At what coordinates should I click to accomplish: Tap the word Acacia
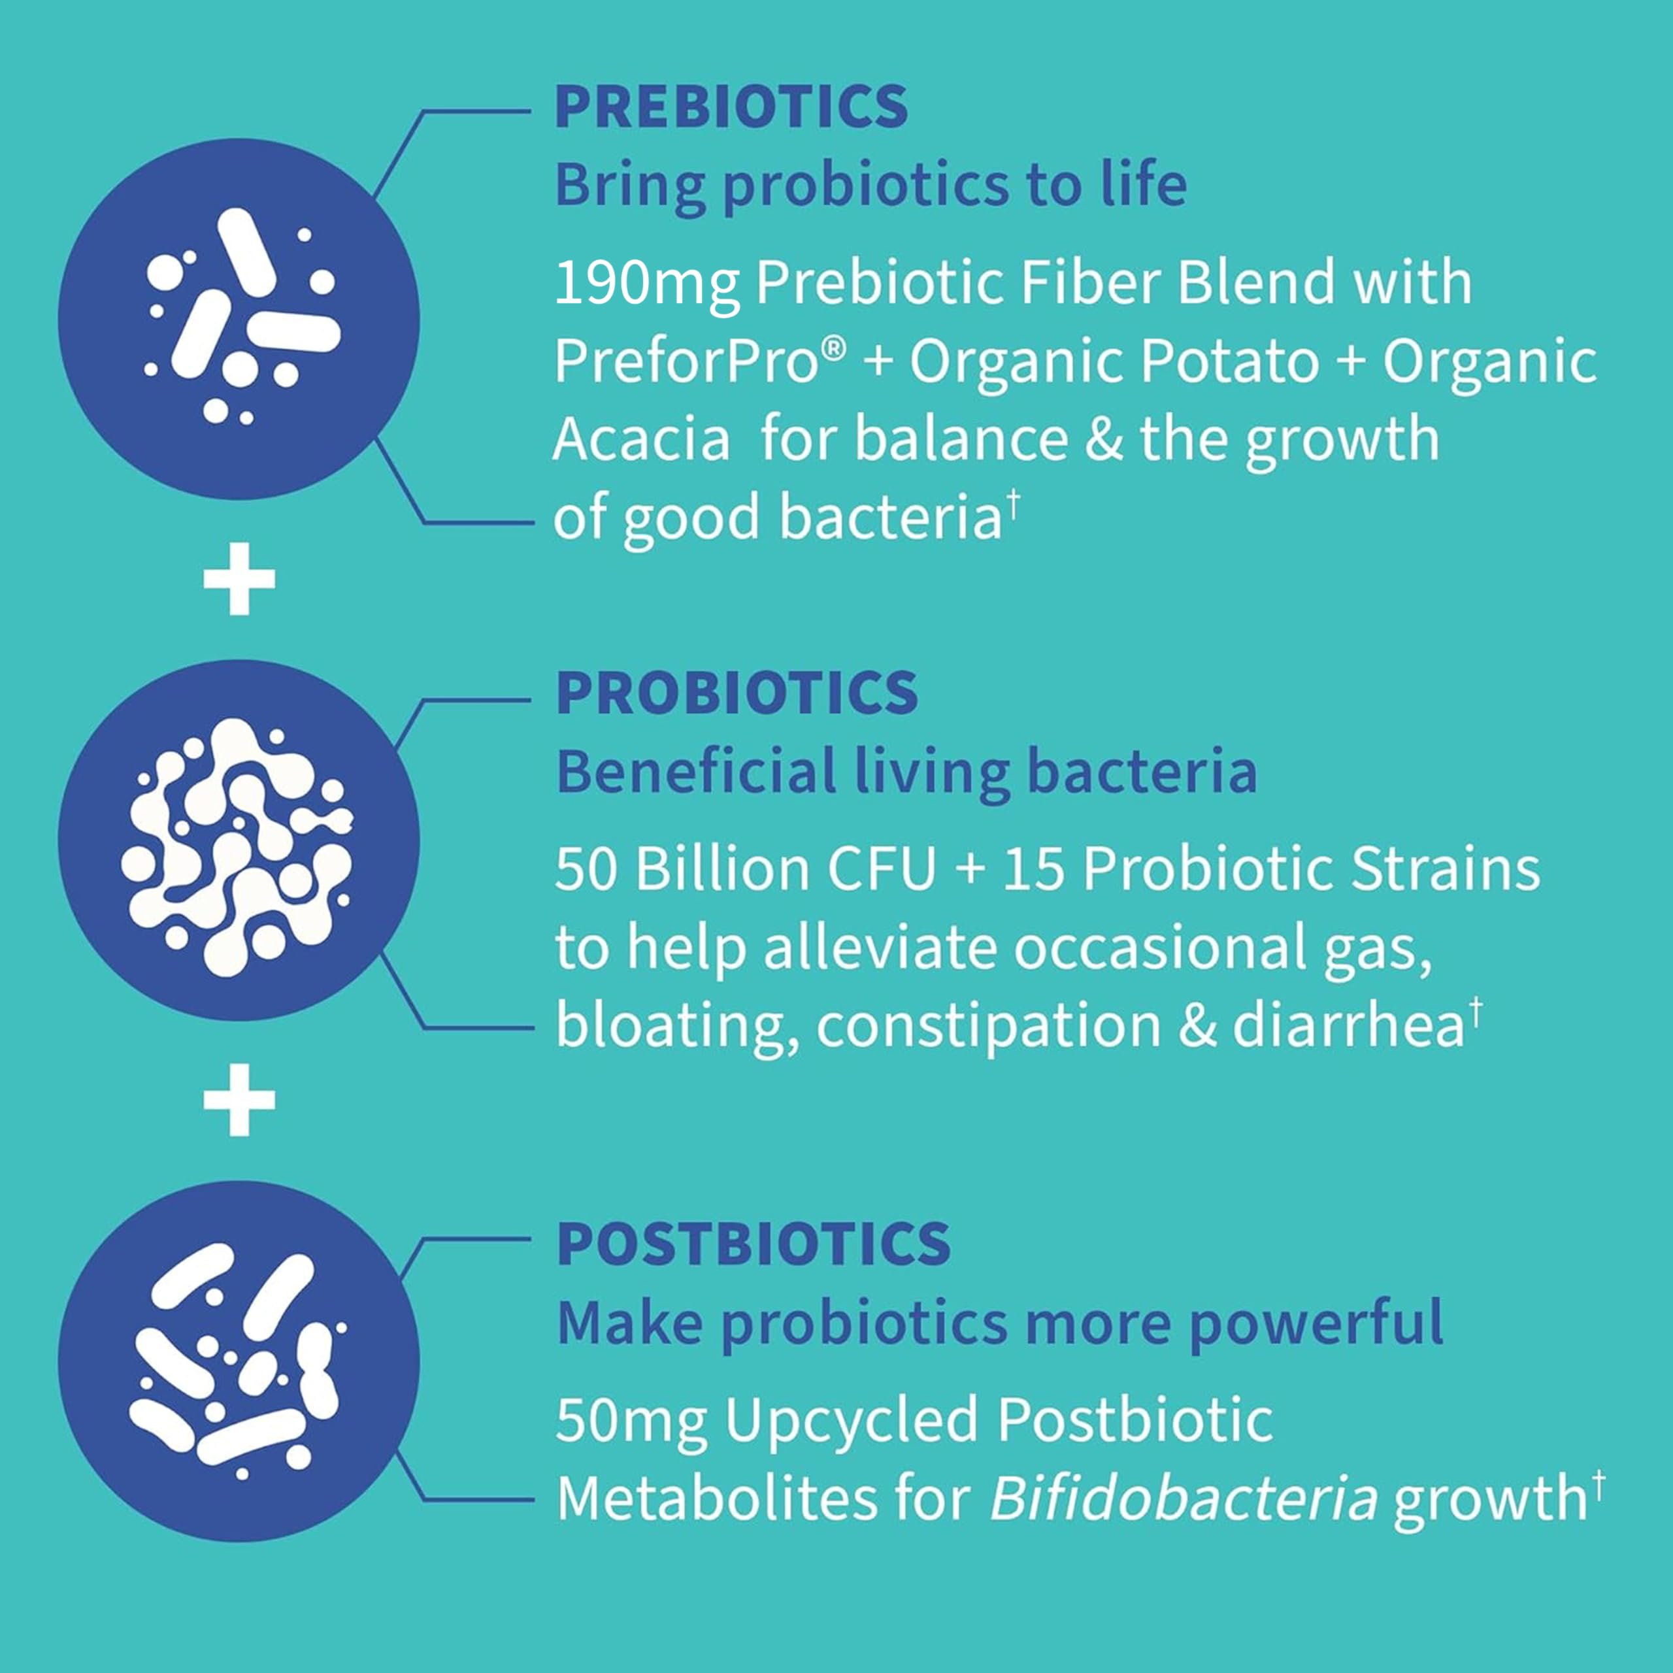(641, 439)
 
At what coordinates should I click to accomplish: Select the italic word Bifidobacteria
(1182, 1499)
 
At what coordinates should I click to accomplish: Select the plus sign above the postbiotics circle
(239, 1100)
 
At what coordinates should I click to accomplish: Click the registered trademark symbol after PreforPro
(832, 350)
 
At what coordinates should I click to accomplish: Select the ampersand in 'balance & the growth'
(1103, 439)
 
